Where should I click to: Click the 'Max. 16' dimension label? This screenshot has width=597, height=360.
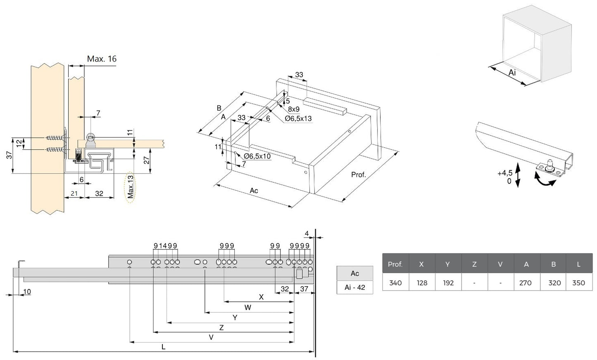[102, 59]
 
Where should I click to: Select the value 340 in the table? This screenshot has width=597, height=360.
[395, 283]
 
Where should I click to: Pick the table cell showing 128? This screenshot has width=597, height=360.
[421, 283]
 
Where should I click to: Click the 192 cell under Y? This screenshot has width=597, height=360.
[448, 283]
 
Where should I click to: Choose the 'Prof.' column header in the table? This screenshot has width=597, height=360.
[395, 264]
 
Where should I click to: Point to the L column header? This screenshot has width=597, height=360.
[579, 264]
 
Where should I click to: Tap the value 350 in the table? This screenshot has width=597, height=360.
[579, 283]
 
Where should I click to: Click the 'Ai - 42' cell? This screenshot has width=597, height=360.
[355, 287]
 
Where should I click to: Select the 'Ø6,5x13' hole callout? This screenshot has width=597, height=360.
[298, 118]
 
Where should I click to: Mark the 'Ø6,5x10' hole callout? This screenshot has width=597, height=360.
[257, 156]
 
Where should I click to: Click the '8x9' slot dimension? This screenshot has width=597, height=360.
[294, 109]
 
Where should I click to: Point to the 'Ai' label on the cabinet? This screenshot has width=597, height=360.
[512, 73]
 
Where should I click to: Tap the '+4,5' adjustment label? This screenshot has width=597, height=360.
[504, 173]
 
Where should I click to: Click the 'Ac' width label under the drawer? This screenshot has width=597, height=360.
[254, 190]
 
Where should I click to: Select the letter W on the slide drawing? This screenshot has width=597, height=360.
[247, 307]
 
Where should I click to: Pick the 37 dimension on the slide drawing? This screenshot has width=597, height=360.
[304, 289]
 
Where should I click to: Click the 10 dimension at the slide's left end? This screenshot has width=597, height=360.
[27, 291]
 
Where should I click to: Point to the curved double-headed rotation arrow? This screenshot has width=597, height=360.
[545, 180]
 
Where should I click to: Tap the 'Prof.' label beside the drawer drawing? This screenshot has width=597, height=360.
[359, 175]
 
